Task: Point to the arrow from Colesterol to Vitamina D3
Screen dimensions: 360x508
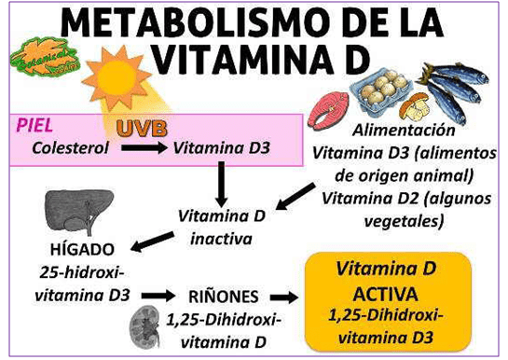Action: [x=143, y=147]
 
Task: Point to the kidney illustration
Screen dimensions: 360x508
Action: [x=146, y=323]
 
